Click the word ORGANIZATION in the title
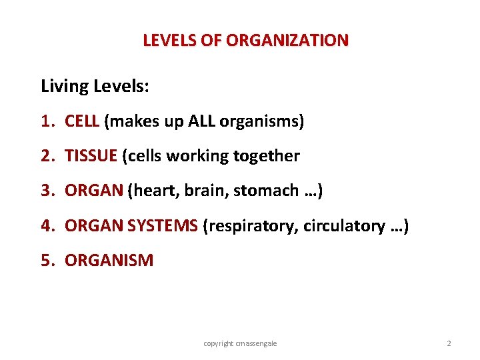click(x=287, y=40)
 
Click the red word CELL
click(x=82, y=121)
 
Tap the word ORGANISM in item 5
click(x=109, y=261)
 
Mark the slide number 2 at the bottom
click(x=449, y=343)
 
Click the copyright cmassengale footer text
click(x=240, y=343)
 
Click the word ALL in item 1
click(x=202, y=121)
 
